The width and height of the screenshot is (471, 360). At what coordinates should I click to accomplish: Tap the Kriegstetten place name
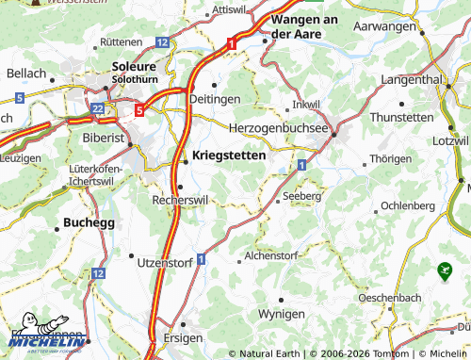228,153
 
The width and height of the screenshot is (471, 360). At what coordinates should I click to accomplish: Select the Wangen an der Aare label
304,25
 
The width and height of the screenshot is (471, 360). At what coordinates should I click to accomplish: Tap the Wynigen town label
281,313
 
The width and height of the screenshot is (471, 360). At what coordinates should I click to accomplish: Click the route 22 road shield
99,110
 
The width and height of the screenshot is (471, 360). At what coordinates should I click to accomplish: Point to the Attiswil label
229,8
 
